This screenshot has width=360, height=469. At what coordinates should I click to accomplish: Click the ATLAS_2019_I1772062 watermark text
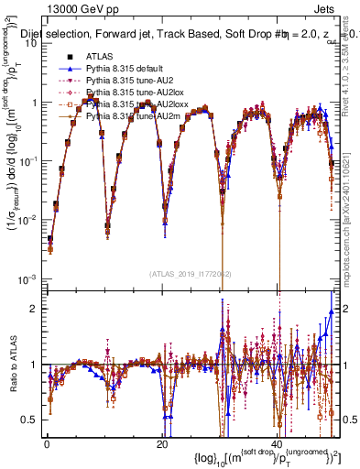[x=190, y=274]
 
